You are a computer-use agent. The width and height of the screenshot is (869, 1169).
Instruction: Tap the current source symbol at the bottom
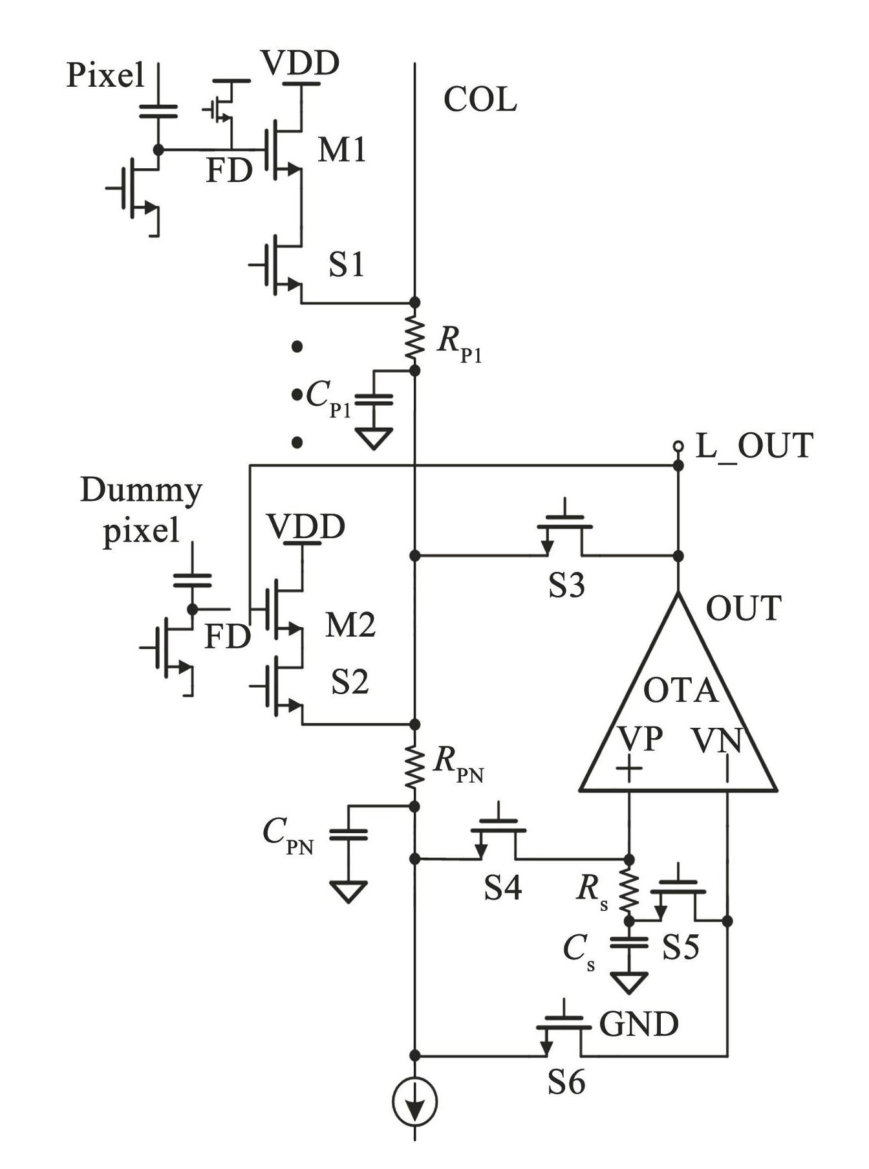[414, 1101]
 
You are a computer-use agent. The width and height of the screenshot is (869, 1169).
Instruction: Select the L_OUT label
[754, 446]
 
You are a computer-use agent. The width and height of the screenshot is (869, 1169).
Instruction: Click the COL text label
[480, 100]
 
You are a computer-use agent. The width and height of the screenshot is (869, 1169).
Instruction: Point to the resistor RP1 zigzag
[414, 336]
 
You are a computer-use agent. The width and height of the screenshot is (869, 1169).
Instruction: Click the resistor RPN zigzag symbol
[414, 766]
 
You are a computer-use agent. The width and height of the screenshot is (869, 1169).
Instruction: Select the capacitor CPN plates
[349, 835]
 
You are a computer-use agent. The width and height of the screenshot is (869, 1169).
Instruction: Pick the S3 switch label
[566, 585]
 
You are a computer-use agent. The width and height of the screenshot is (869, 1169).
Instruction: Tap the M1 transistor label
[342, 150]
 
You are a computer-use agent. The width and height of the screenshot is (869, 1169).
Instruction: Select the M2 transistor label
[350, 625]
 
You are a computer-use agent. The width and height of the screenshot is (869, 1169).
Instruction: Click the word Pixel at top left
[105, 76]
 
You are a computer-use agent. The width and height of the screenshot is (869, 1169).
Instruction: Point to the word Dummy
[141, 492]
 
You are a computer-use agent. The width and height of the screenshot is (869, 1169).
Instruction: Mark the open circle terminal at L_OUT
[678, 446]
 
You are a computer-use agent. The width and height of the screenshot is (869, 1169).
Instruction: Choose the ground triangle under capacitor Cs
[628, 983]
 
